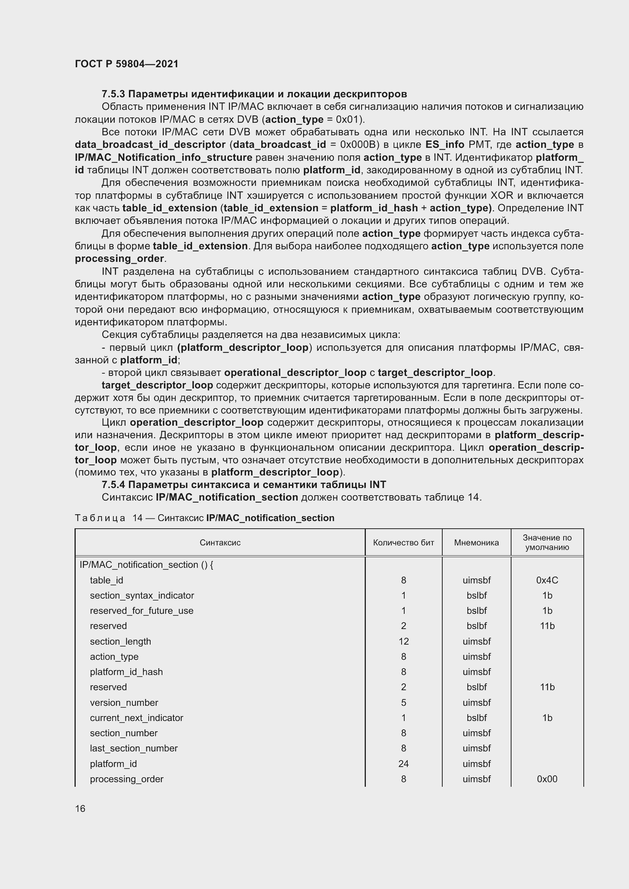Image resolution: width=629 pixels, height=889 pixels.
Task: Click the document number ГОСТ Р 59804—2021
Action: click(127, 64)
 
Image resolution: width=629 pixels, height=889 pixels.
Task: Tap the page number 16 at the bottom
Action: click(80, 808)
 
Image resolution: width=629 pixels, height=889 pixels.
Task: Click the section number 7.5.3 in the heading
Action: click(113, 94)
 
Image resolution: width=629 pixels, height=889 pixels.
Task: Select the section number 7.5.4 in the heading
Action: click(113, 484)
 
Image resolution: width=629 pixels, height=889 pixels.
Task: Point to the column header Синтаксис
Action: click(220, 542)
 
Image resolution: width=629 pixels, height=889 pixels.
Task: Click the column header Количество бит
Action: click(403, 542)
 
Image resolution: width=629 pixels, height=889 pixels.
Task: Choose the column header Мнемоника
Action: click(476, 542)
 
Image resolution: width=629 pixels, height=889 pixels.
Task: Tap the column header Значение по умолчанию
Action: click(547, 542)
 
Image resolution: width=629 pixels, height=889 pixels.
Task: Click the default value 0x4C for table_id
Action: click(547, 580)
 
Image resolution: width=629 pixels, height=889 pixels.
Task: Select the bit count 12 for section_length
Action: click(403, 641)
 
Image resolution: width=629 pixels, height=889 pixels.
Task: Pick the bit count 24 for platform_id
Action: click(403, 764)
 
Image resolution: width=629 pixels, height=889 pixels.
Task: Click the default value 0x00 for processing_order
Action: click(547, 779)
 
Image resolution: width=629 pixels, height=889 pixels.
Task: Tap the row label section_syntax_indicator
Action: click(142, 595)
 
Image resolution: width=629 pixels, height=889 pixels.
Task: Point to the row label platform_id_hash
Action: click(126, 672)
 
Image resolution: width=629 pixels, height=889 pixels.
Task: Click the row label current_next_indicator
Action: click(137, 718)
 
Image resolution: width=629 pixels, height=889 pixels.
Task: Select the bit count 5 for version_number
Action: click(403, 702)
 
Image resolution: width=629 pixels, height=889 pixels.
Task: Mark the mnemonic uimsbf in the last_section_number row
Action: click(476, 748)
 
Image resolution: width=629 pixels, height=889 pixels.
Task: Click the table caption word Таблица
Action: click(100, 518)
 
